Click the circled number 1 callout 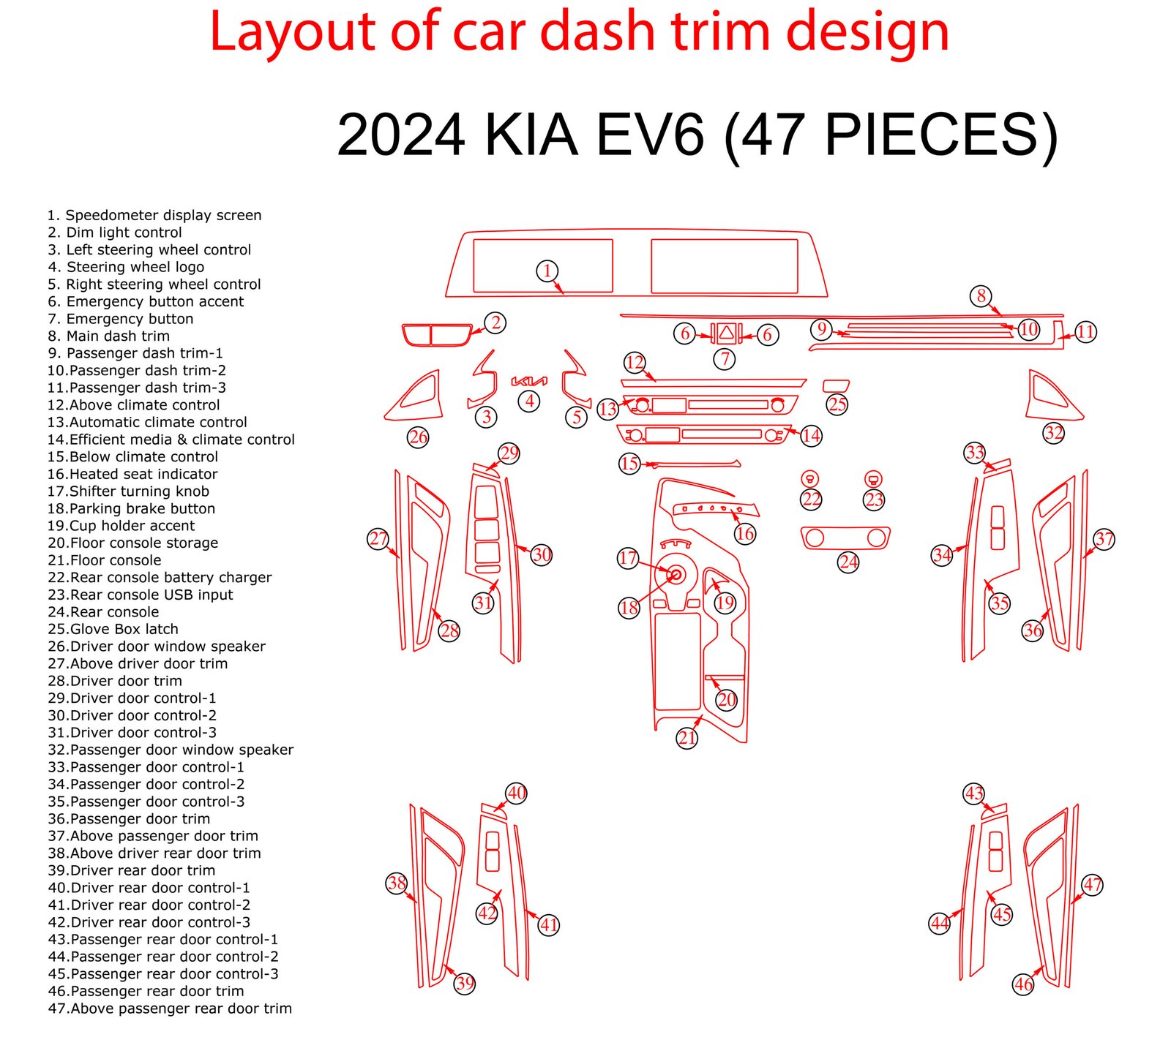[x=547, y=271]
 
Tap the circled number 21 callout [x=686, y=738]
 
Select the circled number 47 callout [x=1092, y=884]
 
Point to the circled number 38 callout [x=397, y=883]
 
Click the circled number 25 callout [x=837, y=404]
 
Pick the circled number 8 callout [x=981, y=296]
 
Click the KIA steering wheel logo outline [x=529, y=381]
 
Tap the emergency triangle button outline [x=726, y=333]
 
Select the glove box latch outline [x=836, y=385]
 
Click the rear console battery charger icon [x=810, y=479]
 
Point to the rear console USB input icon [x=873, y=479]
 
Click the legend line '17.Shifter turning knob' [x=129, y=491]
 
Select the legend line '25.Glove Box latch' [x=113, y=629]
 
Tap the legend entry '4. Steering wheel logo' [x=126, y=267]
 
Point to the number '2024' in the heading [x=401, y=135]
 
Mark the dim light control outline [x=436, y=334]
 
